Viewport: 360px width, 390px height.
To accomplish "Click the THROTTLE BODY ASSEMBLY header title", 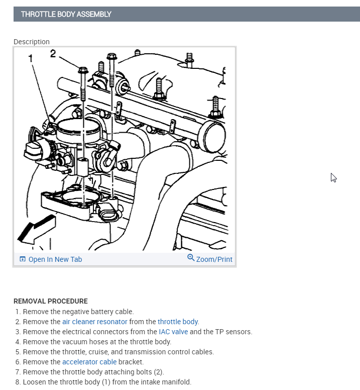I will coord(66,14).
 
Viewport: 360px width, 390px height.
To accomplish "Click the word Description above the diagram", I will coord(32,42).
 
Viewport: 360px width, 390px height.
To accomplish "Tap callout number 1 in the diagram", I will coord(31,58).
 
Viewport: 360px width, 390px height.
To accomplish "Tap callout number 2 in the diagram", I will coord(53,53).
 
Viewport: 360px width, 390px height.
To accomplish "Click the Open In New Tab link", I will coord(55,259).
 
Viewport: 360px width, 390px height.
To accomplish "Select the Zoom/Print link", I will coord(214,259).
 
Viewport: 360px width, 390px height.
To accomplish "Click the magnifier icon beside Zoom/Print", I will coord(191,258).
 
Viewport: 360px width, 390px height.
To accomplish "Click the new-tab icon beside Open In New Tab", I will coord(22,259).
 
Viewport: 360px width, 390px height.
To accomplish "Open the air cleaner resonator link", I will coord(95,322).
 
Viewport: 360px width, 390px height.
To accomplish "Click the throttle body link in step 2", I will coord(178,322).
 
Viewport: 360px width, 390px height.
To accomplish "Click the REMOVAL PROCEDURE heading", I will coord(51,301).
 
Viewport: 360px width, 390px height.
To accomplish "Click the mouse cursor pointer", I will coord(333,177).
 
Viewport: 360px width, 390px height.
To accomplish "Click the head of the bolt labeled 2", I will coord(83,70).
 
